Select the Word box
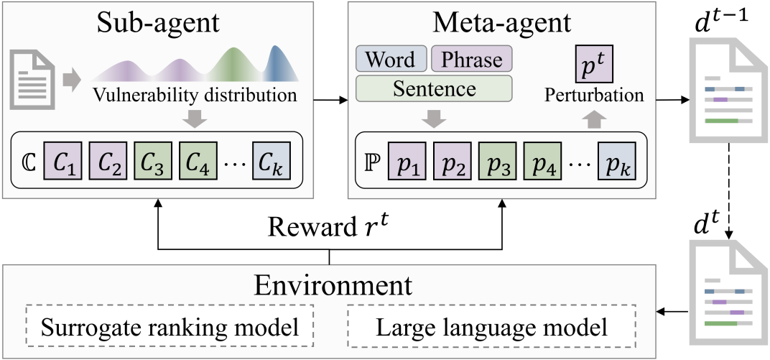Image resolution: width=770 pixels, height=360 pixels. coord(391,59)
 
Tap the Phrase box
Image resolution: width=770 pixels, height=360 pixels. coord(471,59)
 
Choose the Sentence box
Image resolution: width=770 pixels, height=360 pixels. coord(433,88)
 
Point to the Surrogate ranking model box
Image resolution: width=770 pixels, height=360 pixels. coord(170,328)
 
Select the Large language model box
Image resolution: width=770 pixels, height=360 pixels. coord(491,328)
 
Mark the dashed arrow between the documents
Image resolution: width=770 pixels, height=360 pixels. coord(728,189)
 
